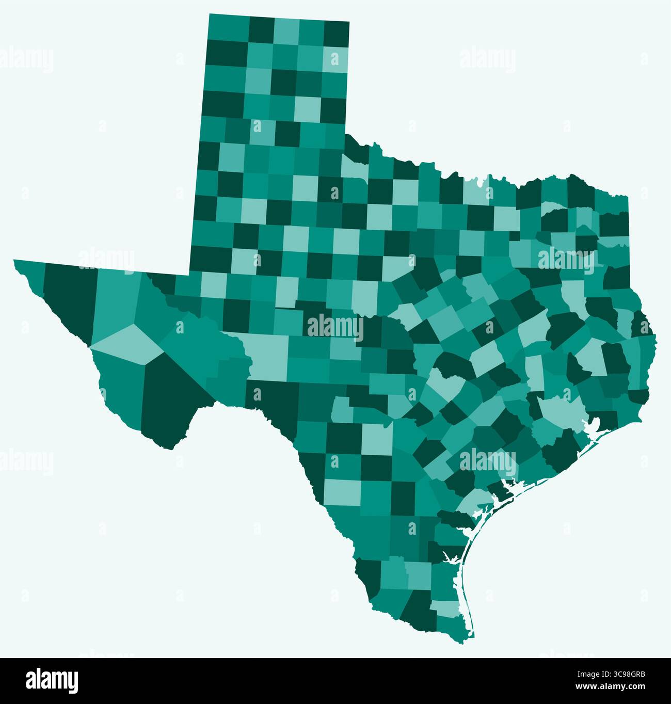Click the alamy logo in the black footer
[52, 680]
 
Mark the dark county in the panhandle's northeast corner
[336, 34]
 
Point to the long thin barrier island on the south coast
[464, 578]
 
